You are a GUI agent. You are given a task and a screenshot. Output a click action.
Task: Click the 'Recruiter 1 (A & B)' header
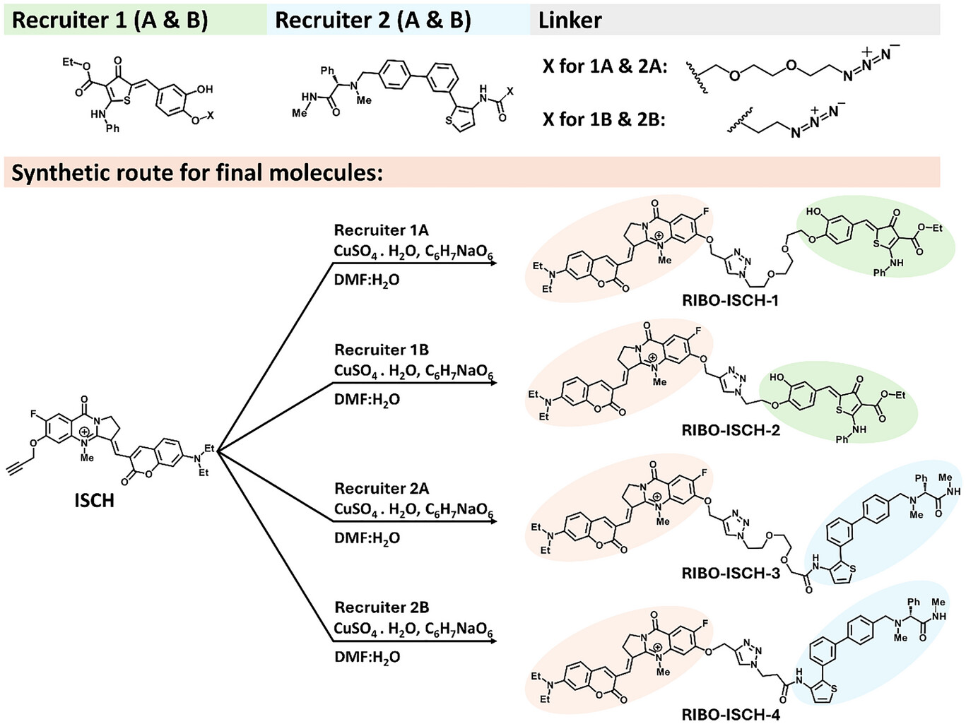click(110, 20)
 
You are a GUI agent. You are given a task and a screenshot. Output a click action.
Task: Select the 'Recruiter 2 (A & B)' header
click(372, 20)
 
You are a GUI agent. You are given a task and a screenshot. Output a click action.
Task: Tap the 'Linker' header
click(570, 20)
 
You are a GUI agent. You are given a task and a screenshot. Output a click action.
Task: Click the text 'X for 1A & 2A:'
click(605, 66)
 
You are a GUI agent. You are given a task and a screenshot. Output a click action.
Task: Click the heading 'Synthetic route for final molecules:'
click(197, 173)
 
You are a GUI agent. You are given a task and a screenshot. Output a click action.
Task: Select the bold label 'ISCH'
click(94, 501)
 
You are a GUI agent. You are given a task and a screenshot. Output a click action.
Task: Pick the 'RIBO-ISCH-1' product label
click(730, 300)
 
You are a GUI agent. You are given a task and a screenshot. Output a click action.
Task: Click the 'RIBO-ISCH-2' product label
click(731, 429)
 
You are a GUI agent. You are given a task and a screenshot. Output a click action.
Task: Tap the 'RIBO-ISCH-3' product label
click(731, 573)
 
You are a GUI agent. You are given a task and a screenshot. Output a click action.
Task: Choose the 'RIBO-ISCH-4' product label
click(731, 714)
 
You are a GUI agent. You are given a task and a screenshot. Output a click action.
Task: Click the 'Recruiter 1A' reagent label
click(381, 230)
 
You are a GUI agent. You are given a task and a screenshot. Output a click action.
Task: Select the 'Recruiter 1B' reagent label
click(381, 350)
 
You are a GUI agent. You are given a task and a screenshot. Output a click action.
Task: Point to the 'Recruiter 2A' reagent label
click(381, 488)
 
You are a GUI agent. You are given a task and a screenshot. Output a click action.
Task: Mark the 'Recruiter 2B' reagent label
click(381, 607)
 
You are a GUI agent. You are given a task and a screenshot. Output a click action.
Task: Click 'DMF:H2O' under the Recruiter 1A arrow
click(367, 280)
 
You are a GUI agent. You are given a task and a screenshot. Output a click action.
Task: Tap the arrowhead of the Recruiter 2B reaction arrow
click(493, 641)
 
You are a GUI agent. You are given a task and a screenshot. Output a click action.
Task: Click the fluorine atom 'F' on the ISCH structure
click(33, 415)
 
